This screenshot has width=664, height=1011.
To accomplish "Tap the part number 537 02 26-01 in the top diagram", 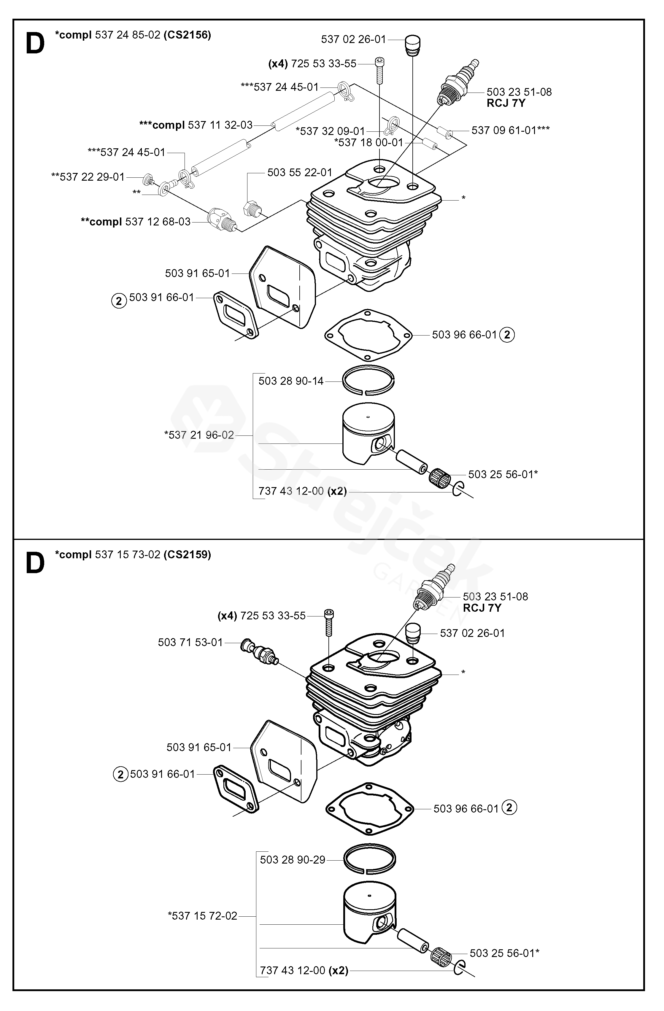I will [x=353, y=39].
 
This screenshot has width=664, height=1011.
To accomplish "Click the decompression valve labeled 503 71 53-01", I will [x=260, y=652].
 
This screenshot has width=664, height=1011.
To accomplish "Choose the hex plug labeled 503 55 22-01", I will [x=252, y=209].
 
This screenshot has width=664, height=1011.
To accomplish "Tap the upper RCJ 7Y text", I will [x=506, y=103].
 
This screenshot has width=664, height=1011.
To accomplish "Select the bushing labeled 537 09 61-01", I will [x=445, y=134].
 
